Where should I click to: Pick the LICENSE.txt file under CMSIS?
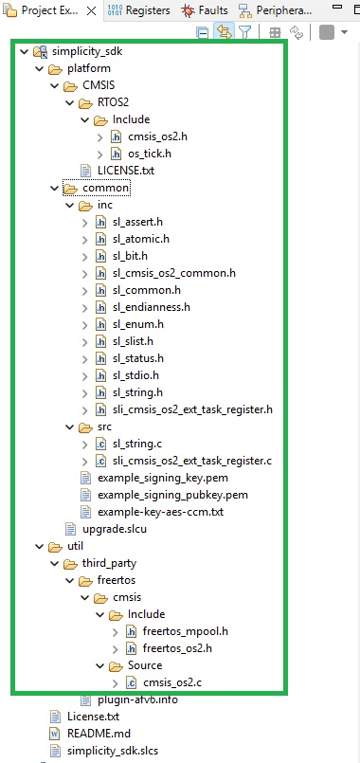pyautogui.click(x=127, y=171)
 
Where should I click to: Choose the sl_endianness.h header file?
pyautogui.click(x=156, y=307)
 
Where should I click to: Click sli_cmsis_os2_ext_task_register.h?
pyautogui.click(x=191, y=409)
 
